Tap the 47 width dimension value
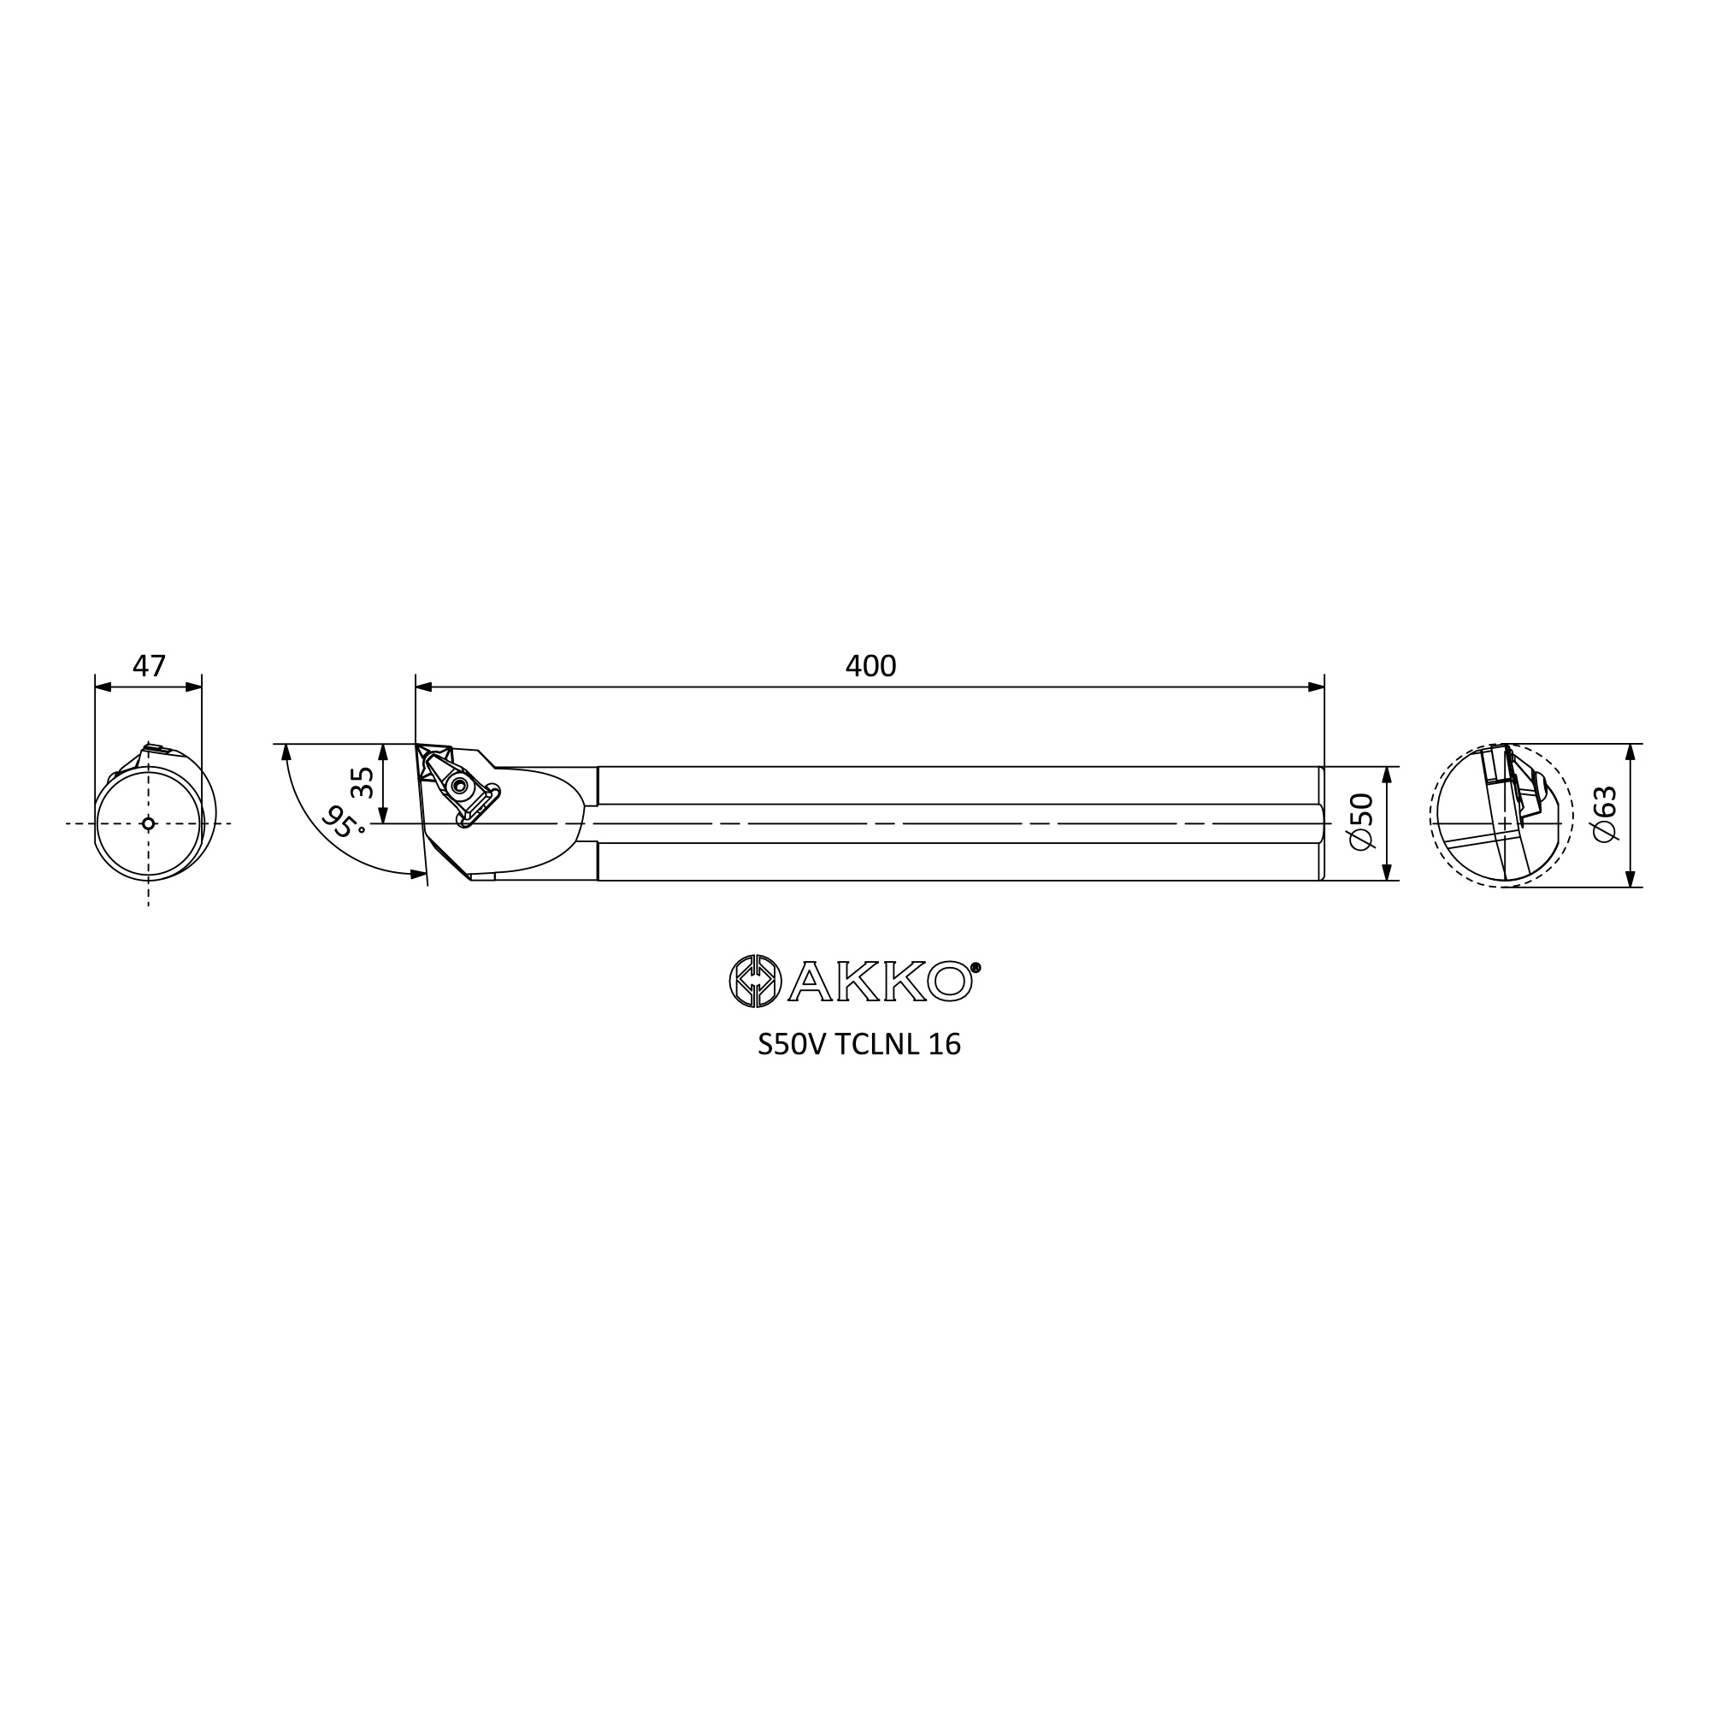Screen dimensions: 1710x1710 pos(149,665)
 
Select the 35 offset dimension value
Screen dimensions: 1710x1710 pos(362,782)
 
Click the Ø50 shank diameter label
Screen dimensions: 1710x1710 pos(1362,822)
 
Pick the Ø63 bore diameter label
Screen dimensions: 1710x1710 pos(1605,814)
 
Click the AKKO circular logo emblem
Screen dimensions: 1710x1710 pos(755,981)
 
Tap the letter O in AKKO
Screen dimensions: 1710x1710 pos(950,982)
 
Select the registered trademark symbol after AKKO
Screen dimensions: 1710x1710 pos(976,967)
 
